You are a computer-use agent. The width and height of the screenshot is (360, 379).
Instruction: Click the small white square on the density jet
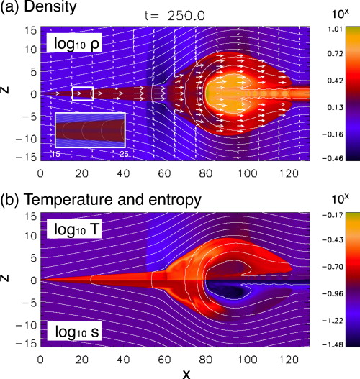(83, 93)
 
